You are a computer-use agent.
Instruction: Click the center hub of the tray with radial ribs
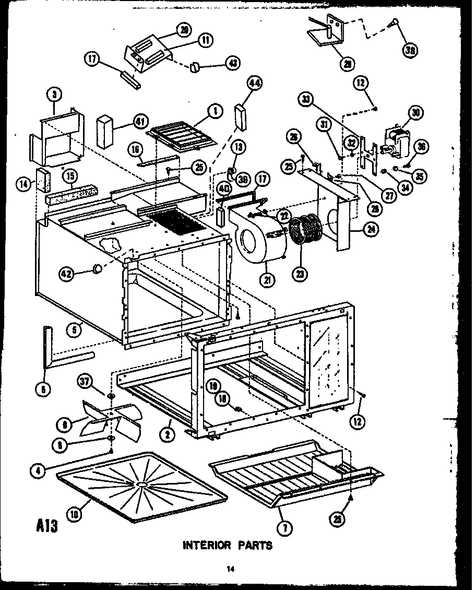pos(141,485)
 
